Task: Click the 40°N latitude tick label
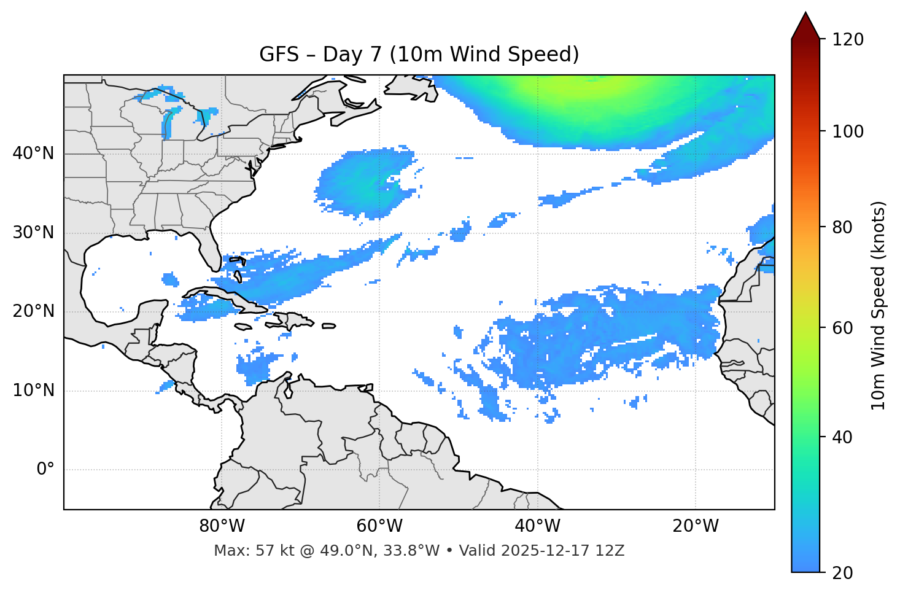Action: pyautogui.click(x=33, y=154)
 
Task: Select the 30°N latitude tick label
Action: pyautogui.click(x=33, y=233)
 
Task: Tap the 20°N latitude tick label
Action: pyautogui.click(x=33, y=311)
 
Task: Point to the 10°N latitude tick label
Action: pyautogui.click(x=33, y=391)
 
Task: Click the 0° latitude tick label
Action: pyautogui.click(x=45, y=470)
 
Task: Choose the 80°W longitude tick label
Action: pyautogui.click(x=222, y=526)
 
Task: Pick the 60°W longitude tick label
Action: pyautogui.click(x=379, y=526)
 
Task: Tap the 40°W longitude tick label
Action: pyautogui.click(x=537, y=526)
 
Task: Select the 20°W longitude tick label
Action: pyautogui.click(x=695, y=526)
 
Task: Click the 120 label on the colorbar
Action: pyautogui.click(x=847, y=40)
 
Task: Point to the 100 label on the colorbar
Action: pyautogui.click(x=847, y=131)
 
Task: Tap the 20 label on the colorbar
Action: pyautogui.click(x=842, y=573)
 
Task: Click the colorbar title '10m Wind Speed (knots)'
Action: pyautogui.click(x=879, y=306)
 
